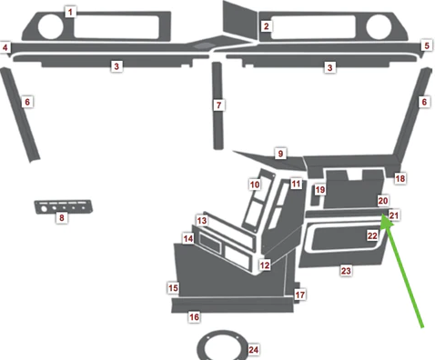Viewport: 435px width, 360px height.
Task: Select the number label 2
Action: pos(267,26)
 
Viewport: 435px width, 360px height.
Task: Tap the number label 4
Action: pos(5,47)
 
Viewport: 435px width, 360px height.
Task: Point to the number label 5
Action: pos(426,45)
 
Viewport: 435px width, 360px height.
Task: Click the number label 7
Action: pos(218,106)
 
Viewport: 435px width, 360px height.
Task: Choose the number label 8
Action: pos(62,218)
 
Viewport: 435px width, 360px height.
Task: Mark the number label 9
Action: pos(281,155)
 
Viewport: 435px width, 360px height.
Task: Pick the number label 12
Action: pos(265,265)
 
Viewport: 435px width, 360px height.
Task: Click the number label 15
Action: pos(172,287)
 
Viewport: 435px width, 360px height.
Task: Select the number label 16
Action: pos(194,316)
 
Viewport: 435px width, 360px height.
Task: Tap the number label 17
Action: pos(300,295)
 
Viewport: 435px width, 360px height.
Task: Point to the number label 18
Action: pos(400,179)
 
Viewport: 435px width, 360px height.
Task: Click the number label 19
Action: pos(320,190)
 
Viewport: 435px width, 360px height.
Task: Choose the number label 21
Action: pos(393,216)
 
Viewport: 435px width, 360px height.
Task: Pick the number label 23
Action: pos(345,271)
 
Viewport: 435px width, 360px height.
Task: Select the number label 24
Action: pos(254,350)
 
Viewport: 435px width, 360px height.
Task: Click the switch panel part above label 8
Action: pos(63,205)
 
